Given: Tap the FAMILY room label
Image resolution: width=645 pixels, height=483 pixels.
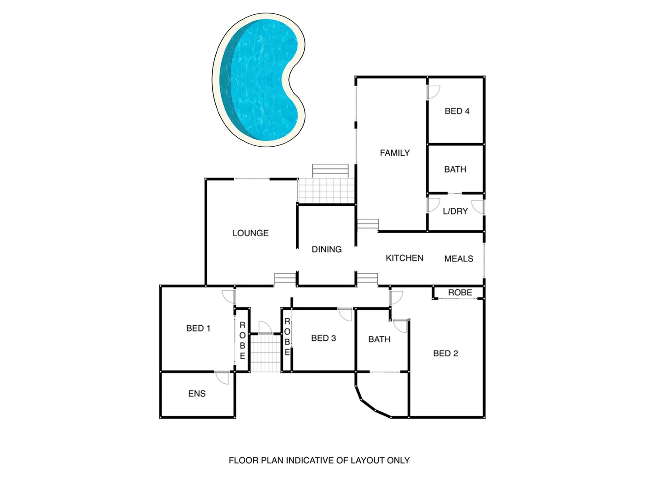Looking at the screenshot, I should pos(395,153).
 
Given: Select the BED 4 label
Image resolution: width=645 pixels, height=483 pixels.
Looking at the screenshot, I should pos(457,111).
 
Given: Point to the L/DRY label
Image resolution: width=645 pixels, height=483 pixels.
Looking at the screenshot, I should pos(455,211).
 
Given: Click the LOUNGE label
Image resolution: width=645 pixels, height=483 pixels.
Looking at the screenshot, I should pos(250,233).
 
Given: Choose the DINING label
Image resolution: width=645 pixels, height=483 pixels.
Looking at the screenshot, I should pos(326,249).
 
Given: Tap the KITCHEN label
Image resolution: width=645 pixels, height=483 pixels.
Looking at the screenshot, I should pos(404,258).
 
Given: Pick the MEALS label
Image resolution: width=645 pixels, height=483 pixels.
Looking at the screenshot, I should pos(458,258).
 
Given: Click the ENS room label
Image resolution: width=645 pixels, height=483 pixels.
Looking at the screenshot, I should pos(197,394).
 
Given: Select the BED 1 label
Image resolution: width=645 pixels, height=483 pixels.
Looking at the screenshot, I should pos(198,328).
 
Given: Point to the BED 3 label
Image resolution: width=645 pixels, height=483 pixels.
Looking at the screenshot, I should pos(323,338).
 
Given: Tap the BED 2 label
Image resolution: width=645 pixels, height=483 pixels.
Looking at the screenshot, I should pos(445,353).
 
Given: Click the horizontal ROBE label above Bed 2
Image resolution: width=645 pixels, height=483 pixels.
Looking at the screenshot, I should pos(460,292).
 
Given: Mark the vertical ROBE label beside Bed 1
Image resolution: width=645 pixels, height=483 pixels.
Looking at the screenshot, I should pos(243,340).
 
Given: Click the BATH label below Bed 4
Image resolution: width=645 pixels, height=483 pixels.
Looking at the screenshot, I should pos(455,169).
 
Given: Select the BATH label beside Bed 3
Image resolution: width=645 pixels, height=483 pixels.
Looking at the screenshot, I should pos(379,339).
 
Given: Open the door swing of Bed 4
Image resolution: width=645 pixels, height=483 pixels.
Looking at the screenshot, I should pos(433,92).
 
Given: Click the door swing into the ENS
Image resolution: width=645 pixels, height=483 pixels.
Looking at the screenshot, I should pos(222,377).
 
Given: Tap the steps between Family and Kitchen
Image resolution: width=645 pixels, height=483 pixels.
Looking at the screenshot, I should pos(368,224).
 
